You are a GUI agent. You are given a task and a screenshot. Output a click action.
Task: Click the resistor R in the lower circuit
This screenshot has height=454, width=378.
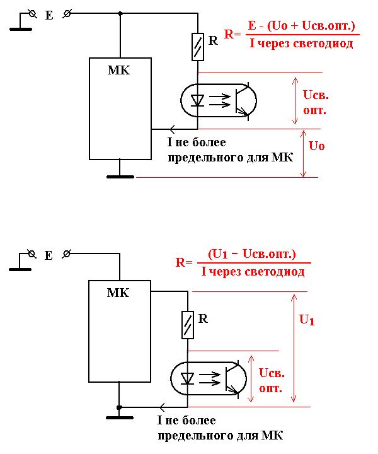187,324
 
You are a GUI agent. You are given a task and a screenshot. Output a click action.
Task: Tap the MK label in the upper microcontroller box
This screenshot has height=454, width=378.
118,70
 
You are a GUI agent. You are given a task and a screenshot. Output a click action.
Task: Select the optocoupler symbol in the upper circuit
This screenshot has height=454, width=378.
219,100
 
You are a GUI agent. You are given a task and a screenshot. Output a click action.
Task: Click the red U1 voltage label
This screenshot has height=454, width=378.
307,320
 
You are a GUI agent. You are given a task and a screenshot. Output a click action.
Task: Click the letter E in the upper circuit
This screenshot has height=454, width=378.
49,16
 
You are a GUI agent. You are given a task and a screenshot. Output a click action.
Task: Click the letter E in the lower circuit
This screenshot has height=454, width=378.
49,255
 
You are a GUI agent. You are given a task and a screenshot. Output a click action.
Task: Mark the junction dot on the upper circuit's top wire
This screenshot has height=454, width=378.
120,13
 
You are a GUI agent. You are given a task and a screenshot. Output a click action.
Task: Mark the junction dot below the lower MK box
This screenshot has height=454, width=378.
119,407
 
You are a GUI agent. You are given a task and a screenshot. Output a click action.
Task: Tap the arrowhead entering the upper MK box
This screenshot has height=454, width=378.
157,129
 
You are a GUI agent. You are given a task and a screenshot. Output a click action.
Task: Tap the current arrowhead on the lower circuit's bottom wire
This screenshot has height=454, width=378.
164,407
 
